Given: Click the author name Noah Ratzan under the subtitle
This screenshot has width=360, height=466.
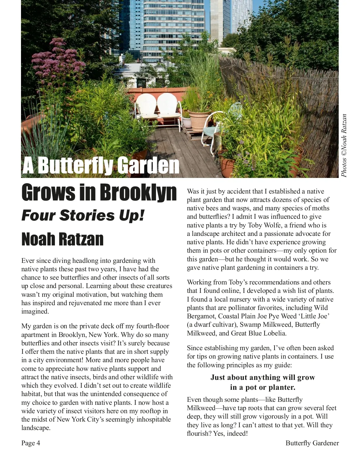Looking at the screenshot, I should tap(62, 239).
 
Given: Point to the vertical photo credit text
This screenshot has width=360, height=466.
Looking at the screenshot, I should tap(344, 146).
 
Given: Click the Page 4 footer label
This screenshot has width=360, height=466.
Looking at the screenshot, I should tap(31, 443).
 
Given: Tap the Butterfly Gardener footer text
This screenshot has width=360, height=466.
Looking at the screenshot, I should tap(312, 443).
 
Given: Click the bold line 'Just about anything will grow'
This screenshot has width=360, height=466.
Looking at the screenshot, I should tap(262, 377).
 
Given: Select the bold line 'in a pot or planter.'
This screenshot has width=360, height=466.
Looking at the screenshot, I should tap(262, 387).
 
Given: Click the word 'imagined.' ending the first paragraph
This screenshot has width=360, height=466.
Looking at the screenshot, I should tap(35, 311).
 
